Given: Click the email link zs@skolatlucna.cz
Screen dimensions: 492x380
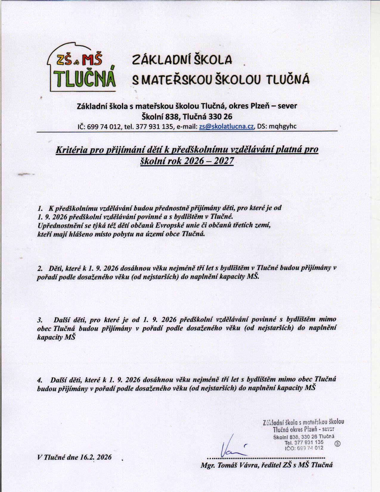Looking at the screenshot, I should [227, 126].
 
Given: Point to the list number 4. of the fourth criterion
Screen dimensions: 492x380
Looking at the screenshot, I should [40, 380].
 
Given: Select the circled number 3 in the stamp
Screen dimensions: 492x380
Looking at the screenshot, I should [338, 443].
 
